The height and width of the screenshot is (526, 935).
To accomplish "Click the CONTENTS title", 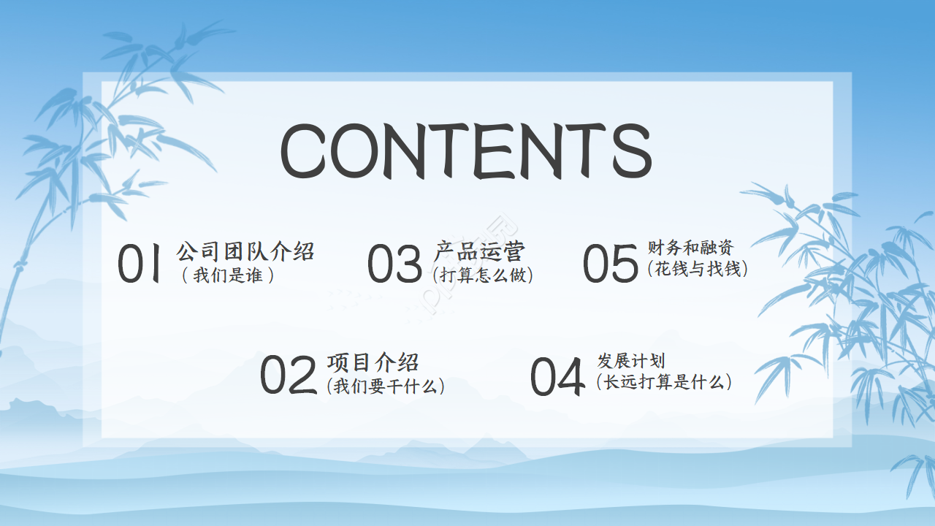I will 465,151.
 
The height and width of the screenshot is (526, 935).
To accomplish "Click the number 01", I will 140,264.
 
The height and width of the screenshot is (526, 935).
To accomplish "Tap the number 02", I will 289,376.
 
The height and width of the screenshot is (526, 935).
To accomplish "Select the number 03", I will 394,264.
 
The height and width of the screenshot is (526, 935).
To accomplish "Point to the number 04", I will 557,377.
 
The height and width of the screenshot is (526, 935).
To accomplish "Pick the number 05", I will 611,264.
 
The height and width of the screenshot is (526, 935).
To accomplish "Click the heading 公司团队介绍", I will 245,252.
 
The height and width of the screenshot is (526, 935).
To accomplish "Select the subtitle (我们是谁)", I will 228,276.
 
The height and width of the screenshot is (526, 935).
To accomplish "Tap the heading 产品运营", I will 479,251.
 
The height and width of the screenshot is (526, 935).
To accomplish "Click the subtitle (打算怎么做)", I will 483,275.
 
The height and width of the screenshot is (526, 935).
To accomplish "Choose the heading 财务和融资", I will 690,248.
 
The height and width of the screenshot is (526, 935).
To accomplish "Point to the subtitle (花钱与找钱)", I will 697,269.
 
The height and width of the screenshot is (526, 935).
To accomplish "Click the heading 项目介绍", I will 373,362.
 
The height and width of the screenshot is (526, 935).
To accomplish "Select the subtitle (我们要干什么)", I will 386,386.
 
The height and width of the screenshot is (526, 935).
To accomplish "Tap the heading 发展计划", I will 631,361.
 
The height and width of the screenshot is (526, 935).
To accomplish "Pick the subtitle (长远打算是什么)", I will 663,381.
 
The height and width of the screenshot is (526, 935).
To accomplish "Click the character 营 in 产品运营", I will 514,251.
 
